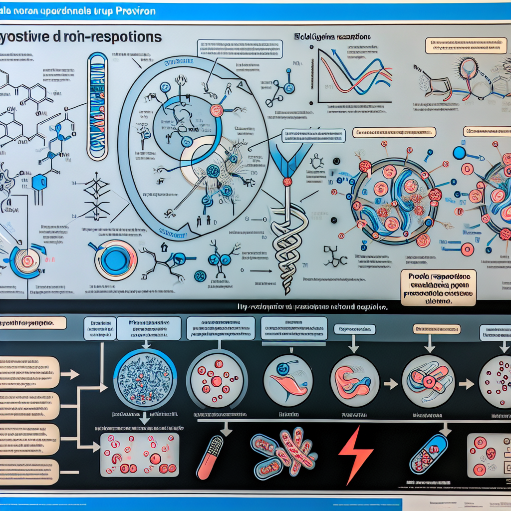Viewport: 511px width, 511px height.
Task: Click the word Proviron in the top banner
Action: tap(136, 10)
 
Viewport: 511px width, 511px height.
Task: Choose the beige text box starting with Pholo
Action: tap(438, 288)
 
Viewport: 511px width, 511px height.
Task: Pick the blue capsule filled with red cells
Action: tap(428, 453)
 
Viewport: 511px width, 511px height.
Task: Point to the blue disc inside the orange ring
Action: tap(116, 259)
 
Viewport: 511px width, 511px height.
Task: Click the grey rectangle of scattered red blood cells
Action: tap(140, 454)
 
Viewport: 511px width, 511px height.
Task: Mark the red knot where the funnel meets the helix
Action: tap(287, 181)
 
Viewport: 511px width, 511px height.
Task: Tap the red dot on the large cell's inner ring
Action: tap(216, 110)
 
